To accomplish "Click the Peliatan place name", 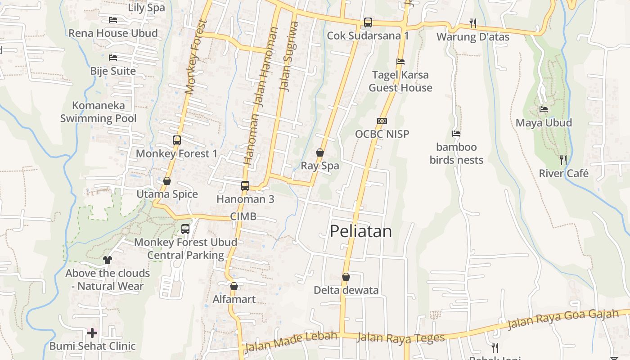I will [361, 231].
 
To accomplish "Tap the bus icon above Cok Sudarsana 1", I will [368, 22].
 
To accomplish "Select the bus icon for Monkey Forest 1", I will [177, 140].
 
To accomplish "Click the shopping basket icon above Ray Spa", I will [320, 153].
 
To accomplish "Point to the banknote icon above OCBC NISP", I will [382, 121].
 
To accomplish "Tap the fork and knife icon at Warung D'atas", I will [473, 23].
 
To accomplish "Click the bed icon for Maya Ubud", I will [544, 109].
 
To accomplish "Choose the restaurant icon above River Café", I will [563, 160].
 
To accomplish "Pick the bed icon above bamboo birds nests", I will [456, 134].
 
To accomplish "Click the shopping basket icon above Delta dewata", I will [346, 277].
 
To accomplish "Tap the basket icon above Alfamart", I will [234, 286].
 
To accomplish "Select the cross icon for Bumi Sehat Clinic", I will [92, 333].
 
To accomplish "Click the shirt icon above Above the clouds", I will [108, 260].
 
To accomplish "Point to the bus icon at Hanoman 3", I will [245, 185].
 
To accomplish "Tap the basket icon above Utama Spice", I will [167, 181].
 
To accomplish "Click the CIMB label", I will [243, 216].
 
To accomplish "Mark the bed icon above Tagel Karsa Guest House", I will [400, 62].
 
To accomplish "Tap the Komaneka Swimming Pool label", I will [99, 112].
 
